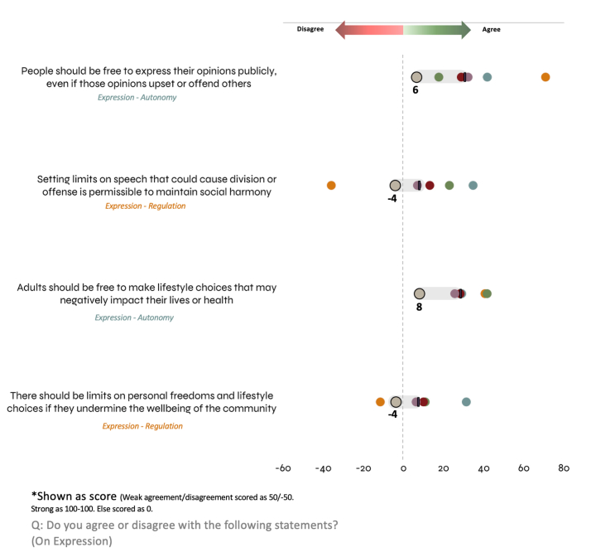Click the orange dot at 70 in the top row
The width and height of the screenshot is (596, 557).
point(546,77)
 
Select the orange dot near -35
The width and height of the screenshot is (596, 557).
point(331,186)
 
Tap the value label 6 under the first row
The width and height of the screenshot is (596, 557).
point(416,90)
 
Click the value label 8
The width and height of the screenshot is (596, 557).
point(420,307)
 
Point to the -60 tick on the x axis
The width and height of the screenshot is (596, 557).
point(282,468)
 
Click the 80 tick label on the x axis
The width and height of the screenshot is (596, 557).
point(564,468)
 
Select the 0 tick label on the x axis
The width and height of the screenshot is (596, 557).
point(403,468)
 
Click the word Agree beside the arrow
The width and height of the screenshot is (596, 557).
point(492,29)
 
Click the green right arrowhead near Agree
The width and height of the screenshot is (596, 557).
point(464,30)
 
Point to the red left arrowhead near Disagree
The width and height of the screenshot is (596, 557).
point(341,30)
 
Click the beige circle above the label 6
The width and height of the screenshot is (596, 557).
point(417,77)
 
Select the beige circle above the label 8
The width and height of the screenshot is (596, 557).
point(420,293)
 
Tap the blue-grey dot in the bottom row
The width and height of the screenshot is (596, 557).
point(466,402)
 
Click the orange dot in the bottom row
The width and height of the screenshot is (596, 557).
point(381,402)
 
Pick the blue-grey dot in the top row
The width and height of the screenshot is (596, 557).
point(488,77)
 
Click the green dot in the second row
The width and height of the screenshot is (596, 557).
point(449,186)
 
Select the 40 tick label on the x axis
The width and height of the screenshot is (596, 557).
point(483,468)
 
